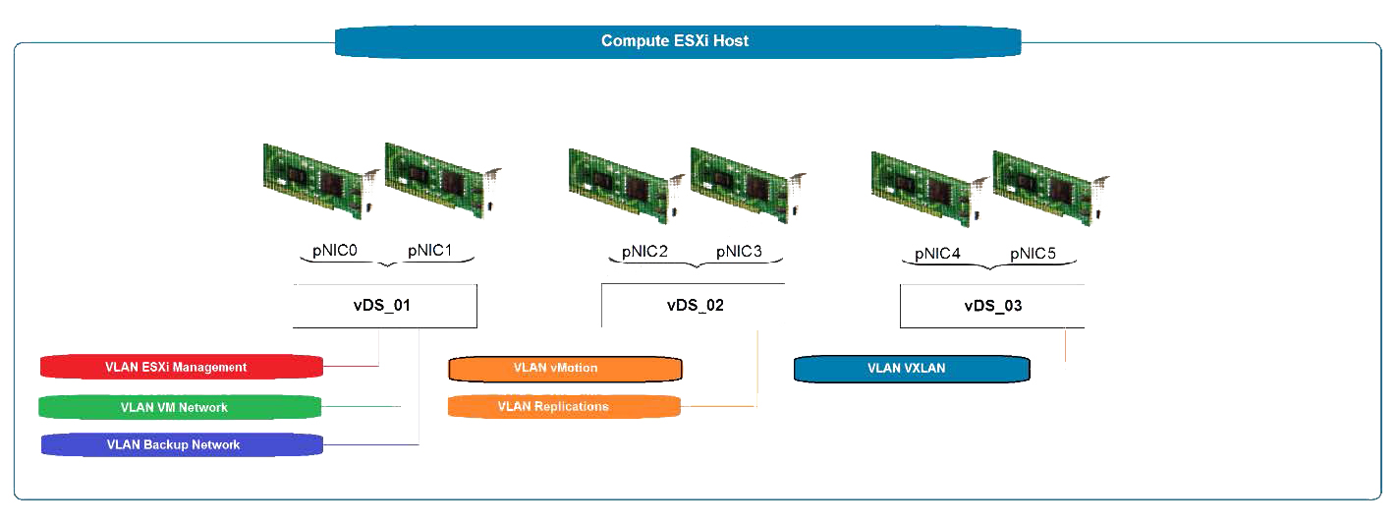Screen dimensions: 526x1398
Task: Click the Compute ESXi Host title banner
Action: click(x=677, y=41)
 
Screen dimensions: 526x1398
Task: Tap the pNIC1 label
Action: click(x=430, y=251)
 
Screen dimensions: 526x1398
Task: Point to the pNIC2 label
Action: click(x=645, y=252)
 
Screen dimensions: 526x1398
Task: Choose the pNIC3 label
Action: click(x=739, y=252)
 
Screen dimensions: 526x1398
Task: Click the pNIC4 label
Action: click(x=937, y=254)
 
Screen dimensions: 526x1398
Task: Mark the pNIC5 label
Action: click(x=1033, y=254)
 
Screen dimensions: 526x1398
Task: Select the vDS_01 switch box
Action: click(x=383, y=306)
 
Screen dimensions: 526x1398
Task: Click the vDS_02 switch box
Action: click(x=694, y=306)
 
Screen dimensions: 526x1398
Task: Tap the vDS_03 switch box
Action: click(x=992, y=306)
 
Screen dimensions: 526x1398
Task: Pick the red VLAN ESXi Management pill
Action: click(x=181, y=367)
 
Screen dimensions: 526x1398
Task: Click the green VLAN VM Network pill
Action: click(x=180, y=407)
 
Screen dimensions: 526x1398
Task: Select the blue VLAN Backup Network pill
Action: click(x=182, y=444)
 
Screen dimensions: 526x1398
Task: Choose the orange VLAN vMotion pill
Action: click(x=565, y=369)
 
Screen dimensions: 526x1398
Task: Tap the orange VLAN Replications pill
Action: click(x=564, y=406)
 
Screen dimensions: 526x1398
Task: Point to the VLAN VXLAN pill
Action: click(x=911, y=369)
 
